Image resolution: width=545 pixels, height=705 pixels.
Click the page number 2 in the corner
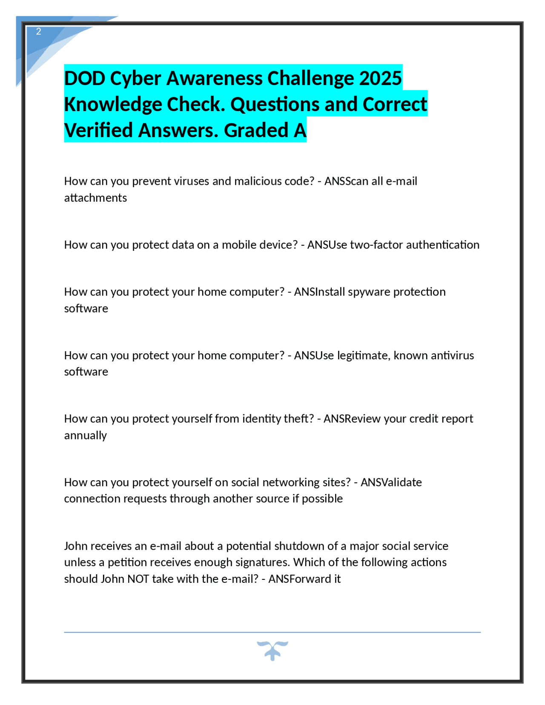(39, 32)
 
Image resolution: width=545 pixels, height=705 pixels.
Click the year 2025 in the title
(380, 78)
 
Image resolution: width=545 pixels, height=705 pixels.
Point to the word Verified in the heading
(98, 131)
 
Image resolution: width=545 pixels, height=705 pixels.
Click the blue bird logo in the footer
(272, 650)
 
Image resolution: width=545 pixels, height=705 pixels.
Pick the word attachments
(95, 198)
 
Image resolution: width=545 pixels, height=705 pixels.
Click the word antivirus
(452, 355)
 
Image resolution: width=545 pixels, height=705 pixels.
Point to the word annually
(85, 436)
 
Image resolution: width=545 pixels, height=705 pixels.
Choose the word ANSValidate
(391, 482)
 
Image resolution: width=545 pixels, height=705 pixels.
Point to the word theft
(298, 419)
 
